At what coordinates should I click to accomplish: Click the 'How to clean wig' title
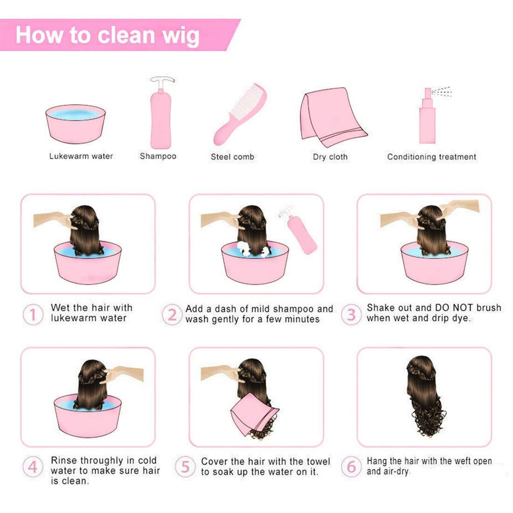(108, 35)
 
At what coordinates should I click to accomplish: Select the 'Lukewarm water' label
(81, 156)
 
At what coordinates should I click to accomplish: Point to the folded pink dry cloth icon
(331, 114)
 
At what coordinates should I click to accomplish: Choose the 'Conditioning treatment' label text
(431, 157)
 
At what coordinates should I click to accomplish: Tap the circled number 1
(33, 314)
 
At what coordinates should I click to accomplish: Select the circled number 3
(350, 314)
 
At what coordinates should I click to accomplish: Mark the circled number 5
(186, 467)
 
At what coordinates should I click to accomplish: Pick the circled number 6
(351, 466)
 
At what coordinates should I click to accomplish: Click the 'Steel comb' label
(232, 157)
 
